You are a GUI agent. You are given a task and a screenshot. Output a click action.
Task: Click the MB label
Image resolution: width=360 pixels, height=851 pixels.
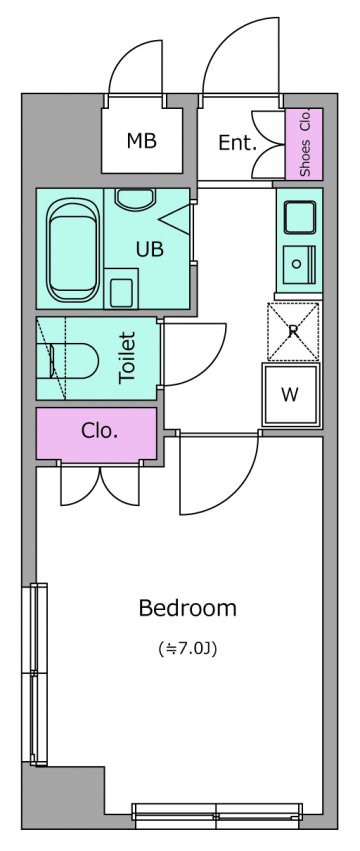click(x=142, y=141)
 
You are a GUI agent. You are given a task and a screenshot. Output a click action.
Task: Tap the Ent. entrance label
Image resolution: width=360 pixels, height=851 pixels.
click(x=237, y=143)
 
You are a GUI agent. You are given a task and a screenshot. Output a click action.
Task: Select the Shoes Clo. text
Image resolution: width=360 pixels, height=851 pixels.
click(x=305, y=143)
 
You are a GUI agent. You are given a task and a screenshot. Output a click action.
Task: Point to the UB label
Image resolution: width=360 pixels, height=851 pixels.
click(x=150, y=250)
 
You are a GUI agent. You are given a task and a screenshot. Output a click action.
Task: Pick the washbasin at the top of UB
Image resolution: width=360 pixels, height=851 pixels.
click(x=136, y=199)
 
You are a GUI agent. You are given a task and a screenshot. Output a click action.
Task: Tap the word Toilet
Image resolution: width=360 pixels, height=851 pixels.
click(x=127, y=358)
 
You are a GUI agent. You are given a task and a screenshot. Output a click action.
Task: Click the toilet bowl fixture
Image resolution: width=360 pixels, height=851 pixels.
click(x=73, y=360)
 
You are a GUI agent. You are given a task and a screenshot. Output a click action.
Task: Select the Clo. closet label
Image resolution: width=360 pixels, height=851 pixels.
click(x=100, y=430)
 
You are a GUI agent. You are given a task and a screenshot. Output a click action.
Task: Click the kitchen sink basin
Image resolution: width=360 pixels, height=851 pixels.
click(x=299, y=218)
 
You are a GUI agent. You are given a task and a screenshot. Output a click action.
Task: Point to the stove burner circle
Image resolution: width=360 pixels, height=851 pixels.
click(x=296, y=264)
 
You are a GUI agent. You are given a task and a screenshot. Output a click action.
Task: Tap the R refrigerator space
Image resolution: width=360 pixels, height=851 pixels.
click(x=293, y=332)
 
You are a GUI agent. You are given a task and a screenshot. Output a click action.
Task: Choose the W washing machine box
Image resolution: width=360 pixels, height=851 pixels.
click(x=290, y=395)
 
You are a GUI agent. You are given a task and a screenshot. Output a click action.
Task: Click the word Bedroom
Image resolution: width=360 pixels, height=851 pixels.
click(x=188, y=608)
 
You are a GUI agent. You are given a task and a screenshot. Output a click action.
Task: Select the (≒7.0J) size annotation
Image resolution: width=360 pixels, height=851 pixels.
click(x=187, y=649)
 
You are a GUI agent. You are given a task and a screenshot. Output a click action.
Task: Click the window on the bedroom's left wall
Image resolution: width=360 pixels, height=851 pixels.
click(x=39, y=674)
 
